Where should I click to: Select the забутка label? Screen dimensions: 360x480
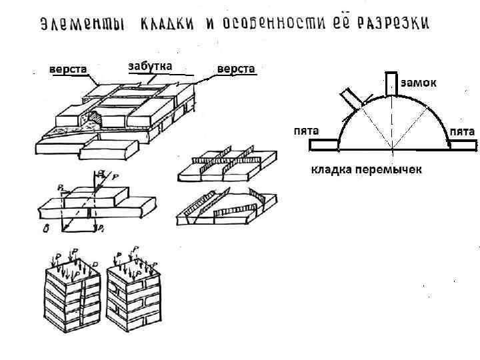pyautogui.click(x=149, y=65)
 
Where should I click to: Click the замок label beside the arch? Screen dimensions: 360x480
pyautogui.click(x=419, y=83)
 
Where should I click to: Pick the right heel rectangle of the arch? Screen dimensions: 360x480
pyautogui.click(x=459, y=143)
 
